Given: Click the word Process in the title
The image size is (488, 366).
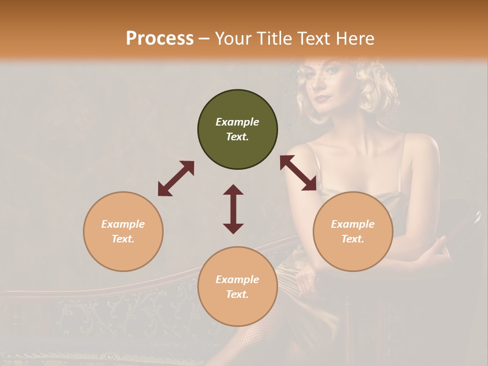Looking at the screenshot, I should [x=160, y=38].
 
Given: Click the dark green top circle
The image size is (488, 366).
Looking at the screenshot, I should [x=237, y=130].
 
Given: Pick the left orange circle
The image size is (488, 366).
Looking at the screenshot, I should [x=123, y=231].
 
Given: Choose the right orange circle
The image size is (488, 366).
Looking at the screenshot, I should [x=353, y=231].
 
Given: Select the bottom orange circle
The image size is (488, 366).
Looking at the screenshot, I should [x=237, y=286].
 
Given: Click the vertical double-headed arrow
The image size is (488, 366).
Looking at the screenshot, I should [x=233, y=209].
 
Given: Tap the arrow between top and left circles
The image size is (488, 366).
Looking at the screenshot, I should [x=176, y=178].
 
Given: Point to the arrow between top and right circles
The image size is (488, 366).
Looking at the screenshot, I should [x=298, y=173].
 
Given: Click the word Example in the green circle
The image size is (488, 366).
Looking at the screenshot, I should [x=237, y=122].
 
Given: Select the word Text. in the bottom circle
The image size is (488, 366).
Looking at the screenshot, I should [x=237, y=294].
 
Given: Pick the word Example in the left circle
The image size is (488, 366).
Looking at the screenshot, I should [x=123, y=224].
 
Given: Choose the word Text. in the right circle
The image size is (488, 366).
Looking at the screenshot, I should [x=353, y=239].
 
